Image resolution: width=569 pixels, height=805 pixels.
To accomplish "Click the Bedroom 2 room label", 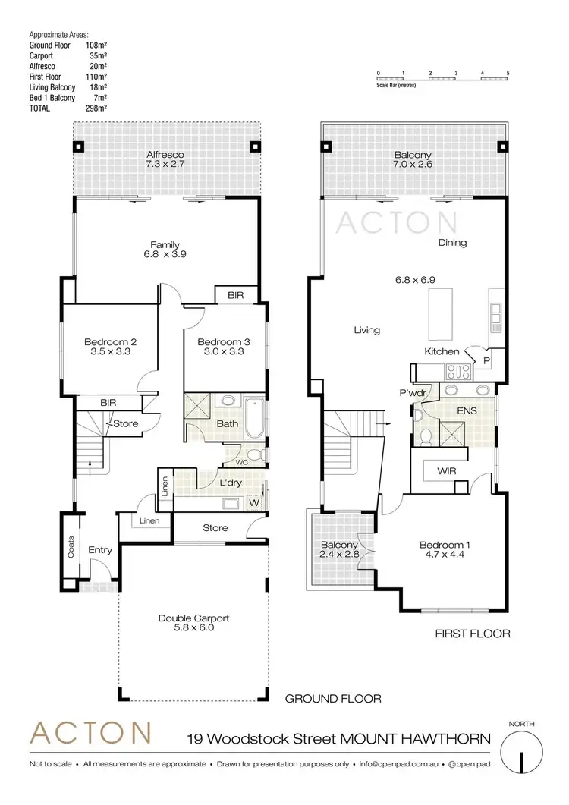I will tap(110, 341).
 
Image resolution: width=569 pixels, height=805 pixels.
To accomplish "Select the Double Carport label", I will tap(193, 618).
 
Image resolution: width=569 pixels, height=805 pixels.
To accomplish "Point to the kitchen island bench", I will tap(445, 314).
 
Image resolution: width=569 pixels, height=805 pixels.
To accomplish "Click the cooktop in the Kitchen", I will tap(459, 372).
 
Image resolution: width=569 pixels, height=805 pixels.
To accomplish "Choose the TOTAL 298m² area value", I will tap(98, 108).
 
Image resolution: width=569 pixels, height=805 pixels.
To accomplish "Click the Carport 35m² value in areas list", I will tap(98, 56).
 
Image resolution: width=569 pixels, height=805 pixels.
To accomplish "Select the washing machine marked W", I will tap(254, 502).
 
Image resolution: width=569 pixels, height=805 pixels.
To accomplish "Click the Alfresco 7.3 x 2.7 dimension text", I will tap(166, 164).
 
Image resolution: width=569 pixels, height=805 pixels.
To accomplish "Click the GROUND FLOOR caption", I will tap(332, 698).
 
